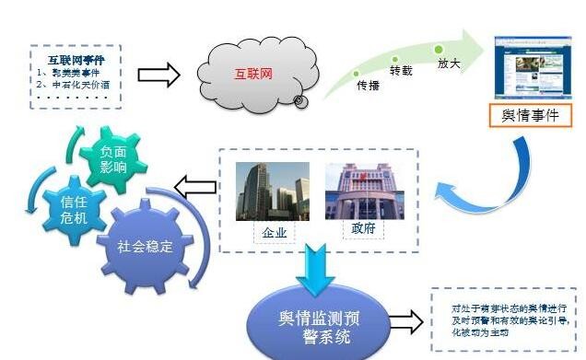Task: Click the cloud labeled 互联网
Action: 250,73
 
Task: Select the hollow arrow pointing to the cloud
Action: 158,75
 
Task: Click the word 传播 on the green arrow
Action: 368,86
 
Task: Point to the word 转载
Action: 402,71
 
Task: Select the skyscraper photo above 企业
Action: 273,191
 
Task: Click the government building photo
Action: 360,191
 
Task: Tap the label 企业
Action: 274,233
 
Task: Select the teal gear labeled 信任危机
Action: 72,210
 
